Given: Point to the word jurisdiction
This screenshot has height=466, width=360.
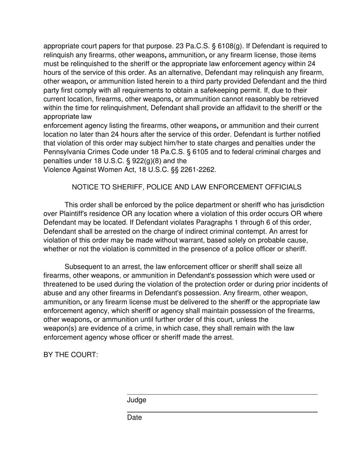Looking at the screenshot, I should coord(307,205).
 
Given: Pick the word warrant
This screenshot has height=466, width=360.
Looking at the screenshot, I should coord(216,240).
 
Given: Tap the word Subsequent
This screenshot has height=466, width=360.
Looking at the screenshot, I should coord(84,267).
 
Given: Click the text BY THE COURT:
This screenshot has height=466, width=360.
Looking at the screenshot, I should coord(71,355).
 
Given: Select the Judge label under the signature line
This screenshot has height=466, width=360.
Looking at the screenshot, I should coord(136,400).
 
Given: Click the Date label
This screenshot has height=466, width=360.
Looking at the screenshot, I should coord(135,418).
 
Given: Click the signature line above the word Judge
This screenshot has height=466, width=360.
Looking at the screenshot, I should coord(222,394).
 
